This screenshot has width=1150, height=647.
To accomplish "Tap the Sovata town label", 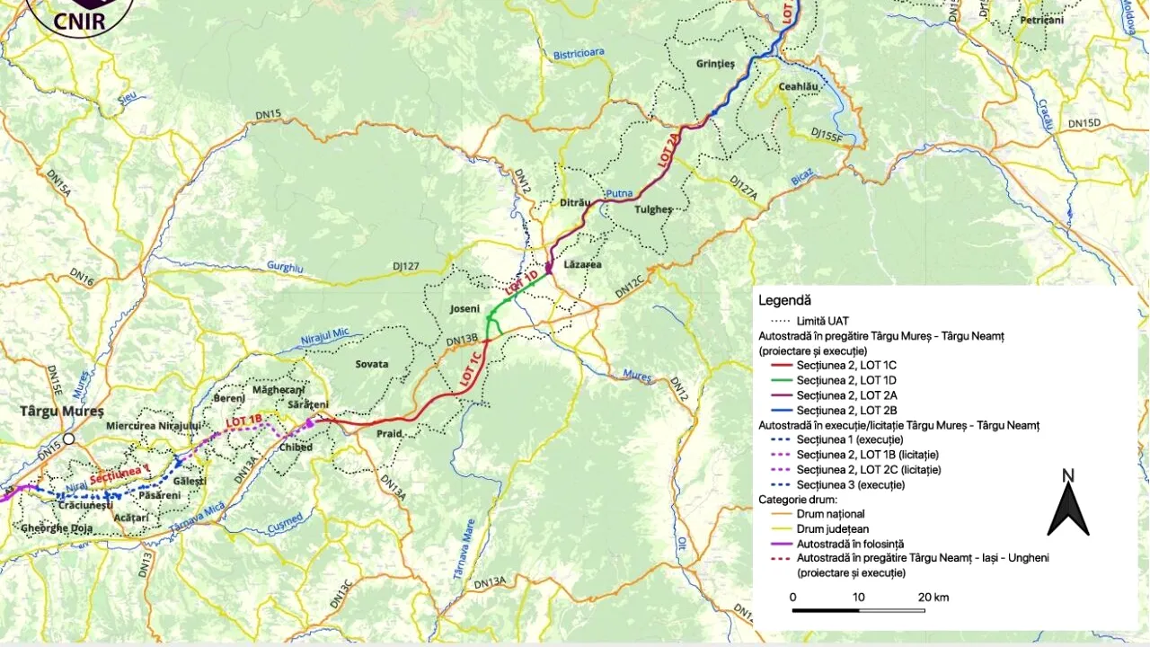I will tap(372, 364).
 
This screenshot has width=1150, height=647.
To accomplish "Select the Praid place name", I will tap(389, 433).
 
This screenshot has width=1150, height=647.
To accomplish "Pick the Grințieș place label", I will tap(715, 64).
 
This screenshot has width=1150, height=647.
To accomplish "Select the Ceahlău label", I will tap(800, 86).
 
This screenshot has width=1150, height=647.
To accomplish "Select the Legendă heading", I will tap(784, 300).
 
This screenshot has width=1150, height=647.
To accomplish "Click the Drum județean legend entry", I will tap(832, 529).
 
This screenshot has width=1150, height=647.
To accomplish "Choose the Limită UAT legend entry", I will tap(822, 320).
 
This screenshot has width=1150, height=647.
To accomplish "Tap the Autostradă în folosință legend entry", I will tap(850, 544).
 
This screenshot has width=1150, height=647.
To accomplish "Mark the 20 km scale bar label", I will tap(933, 598).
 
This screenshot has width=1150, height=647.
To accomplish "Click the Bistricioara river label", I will tap(579, 54).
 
